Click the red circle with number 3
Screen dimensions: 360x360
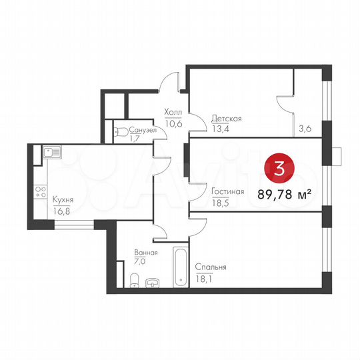[x=279, y=169]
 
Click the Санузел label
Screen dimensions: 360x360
[x=143, y=130]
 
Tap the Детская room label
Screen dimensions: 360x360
[x=227, y=119]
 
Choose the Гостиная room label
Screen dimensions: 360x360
[x=227, y=191]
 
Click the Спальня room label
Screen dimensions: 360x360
[x=211, y=267]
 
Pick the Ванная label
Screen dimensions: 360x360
[x=145, y=253]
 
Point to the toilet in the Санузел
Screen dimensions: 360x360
[x=120, y=132]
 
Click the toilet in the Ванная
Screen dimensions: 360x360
[x=135, y=279]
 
